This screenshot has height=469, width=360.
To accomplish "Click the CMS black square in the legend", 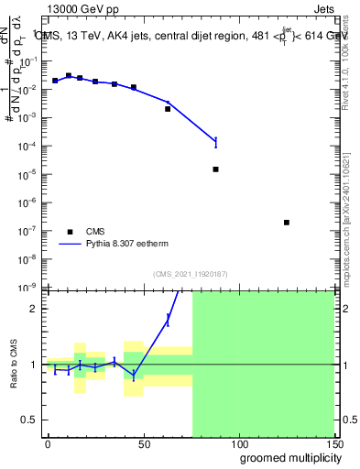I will (x=70, y=232).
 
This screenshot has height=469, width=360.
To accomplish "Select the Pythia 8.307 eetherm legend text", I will (x=127, y=245).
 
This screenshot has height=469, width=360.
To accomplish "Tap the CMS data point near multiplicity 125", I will (x=287, y=223).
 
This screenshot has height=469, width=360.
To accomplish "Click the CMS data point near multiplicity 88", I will (x=215, y=169).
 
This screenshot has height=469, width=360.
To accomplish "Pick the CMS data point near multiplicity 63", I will (x=168, y=109).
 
